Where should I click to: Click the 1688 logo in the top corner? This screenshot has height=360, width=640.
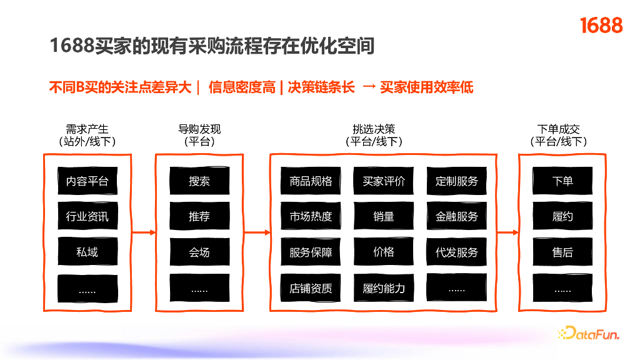pos(601,26)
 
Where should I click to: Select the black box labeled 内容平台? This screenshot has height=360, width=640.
pos(87,181)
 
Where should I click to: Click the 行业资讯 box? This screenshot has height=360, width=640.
pos(87,217)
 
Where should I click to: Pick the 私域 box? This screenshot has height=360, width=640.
pos(87,252)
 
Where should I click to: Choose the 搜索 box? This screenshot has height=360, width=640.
pos(199,181)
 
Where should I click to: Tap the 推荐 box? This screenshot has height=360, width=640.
pos(199,217)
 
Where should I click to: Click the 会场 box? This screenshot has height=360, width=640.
pos(199,252)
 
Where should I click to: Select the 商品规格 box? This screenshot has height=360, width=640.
pos(311,181)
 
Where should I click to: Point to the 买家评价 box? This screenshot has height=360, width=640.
pos(384,181)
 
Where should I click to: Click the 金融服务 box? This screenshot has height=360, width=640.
pos(456,217)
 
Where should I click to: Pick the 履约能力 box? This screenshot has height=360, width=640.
pos(384,288)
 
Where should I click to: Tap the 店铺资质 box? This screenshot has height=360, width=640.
pos(311,288)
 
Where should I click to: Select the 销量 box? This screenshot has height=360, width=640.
pos(384,217)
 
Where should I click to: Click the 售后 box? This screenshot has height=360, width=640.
pos(562,252)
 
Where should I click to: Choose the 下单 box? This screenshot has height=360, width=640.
pos(562,181)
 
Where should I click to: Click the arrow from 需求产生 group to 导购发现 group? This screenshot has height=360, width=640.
pos(144,233)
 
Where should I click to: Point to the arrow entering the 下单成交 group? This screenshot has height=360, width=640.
pos(507,233)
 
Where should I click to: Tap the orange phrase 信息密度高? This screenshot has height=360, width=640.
pos(242,87)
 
